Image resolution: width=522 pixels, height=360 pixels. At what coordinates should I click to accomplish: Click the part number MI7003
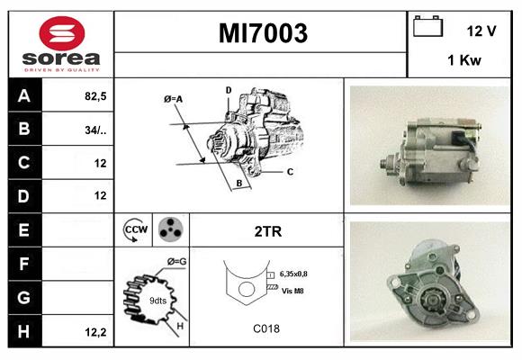point(263,33)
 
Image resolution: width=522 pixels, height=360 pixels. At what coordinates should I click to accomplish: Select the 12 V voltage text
point(481,30)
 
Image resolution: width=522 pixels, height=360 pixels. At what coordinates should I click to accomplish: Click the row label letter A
point(24,95)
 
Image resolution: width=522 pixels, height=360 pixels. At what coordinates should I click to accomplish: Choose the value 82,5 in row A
point(94,95)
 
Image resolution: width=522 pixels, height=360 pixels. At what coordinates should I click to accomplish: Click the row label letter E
point(24,229)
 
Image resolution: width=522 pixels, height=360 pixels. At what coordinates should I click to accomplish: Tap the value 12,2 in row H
point(95,331)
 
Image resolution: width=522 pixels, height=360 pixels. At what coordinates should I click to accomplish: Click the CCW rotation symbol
point(136,230)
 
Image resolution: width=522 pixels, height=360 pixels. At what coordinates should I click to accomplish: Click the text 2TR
point(268,230)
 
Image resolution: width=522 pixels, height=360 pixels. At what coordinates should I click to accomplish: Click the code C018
point(266,328)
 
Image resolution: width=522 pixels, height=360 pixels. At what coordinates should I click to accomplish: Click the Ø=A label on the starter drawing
point(174,98)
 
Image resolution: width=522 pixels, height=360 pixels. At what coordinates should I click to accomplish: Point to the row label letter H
point(24,331)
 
